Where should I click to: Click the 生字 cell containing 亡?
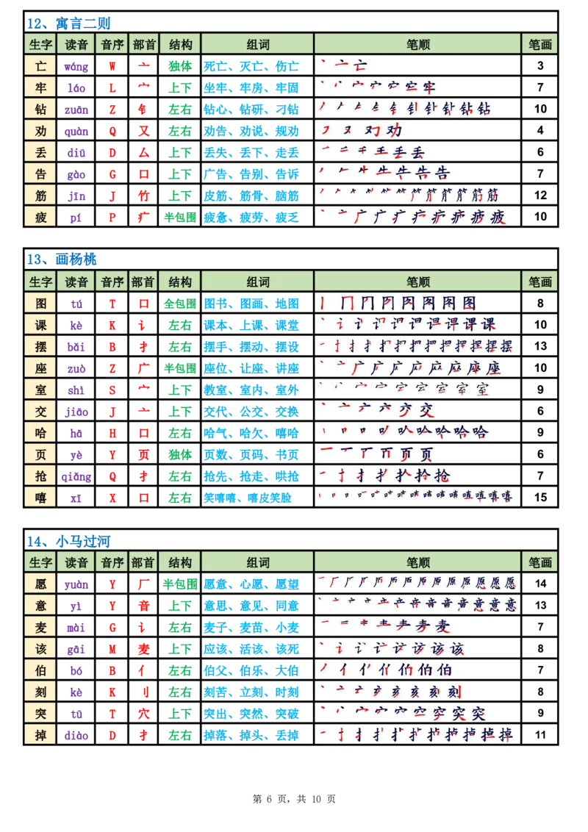41,66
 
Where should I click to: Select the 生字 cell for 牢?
41,87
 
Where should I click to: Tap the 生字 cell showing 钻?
41,109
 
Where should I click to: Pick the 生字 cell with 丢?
41,152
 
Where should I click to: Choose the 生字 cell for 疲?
41,217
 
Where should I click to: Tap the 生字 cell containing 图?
41,303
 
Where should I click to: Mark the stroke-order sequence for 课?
407,324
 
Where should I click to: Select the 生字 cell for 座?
41,367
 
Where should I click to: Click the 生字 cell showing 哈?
41,432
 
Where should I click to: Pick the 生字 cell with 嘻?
41,497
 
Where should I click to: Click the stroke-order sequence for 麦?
385,627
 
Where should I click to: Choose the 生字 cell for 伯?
41,670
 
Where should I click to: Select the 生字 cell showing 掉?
41,734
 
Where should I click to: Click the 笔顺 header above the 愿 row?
417,562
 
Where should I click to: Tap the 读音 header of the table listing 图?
76,281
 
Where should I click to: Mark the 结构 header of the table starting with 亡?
179,44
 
